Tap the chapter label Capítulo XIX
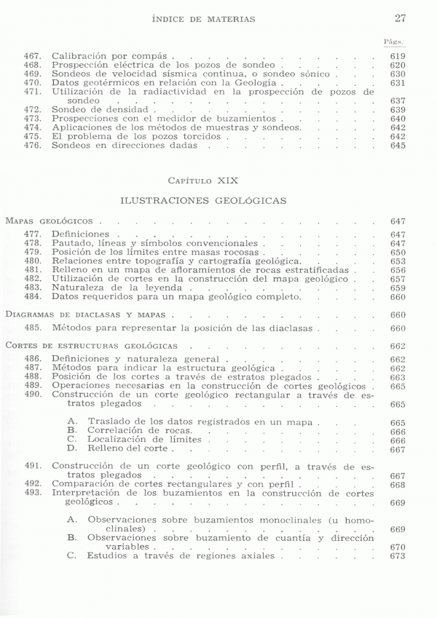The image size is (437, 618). click(202, 179)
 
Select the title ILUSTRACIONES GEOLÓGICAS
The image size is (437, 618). click(202, 199)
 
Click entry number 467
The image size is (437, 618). click(34, 56)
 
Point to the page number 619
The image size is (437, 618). click(398, 56)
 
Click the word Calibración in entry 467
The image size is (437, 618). click(80, 56)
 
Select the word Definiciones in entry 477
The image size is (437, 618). click(80, 234)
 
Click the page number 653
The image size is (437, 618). click(398, 261)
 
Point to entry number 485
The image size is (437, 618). click(34, 328)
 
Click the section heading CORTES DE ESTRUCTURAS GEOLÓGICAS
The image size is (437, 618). click(90, 346)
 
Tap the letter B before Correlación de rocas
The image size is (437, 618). click(71, 431)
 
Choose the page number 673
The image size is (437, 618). click(398, 556)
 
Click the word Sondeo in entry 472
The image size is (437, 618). click(68, 109)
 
